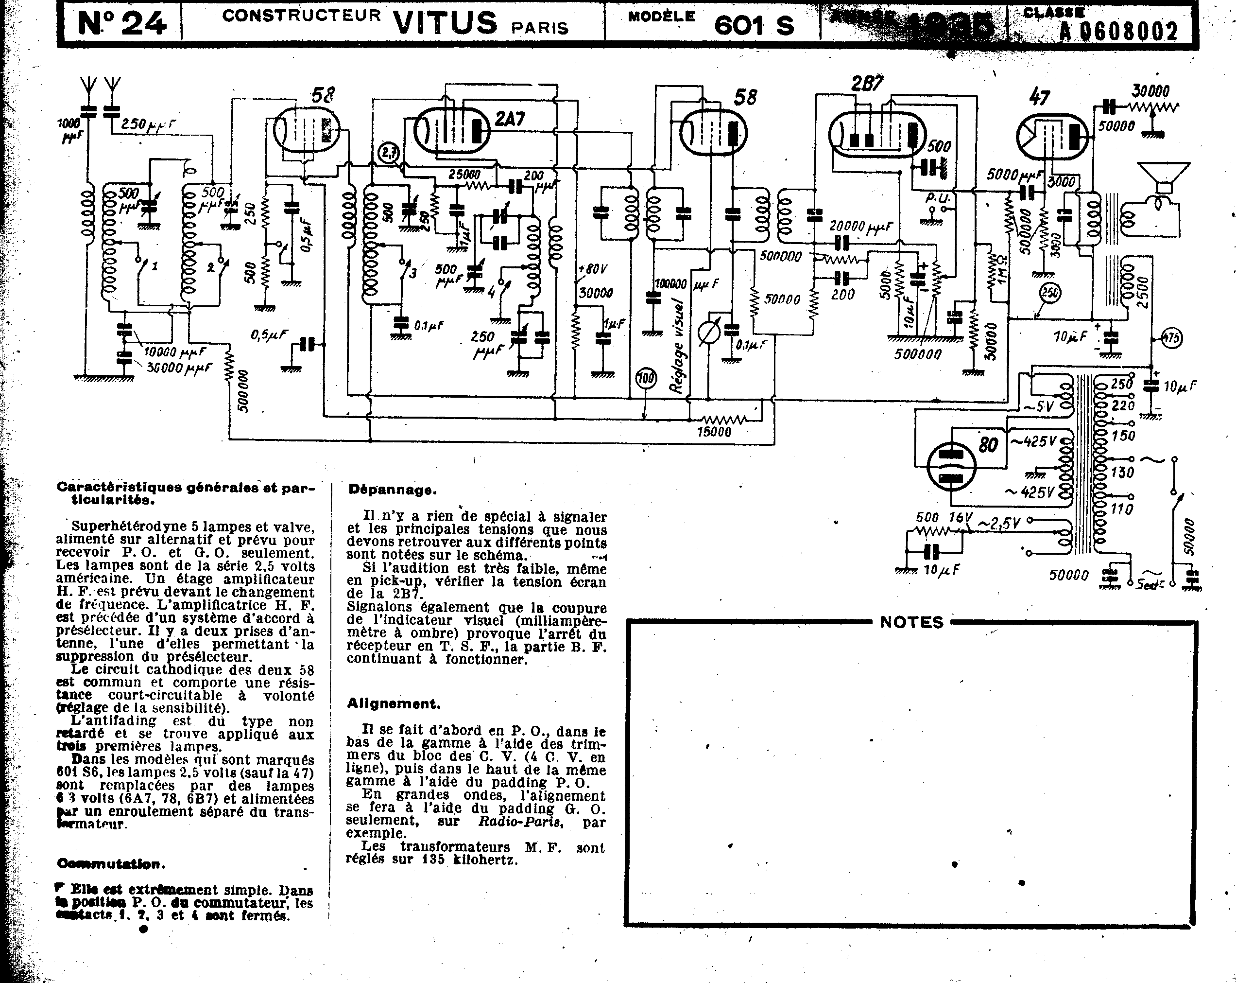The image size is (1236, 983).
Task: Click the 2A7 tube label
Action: tap(510, 119)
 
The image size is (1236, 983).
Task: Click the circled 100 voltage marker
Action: tap(646, 378)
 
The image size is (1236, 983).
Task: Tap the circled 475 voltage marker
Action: tap(1171, 338)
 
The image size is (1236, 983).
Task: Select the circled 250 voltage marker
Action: tap(1050, 293)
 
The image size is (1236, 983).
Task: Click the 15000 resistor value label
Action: tap(714, 432)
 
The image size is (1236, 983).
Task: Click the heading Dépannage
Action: tap(392, 489)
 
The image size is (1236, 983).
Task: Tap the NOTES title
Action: tap(911, 622)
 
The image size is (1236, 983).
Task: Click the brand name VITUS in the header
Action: tap(446, 23)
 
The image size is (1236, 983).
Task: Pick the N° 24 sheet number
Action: tap(122, 24)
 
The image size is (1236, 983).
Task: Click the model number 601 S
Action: tap(754, 25)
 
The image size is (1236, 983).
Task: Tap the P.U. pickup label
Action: tap(938, 198)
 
